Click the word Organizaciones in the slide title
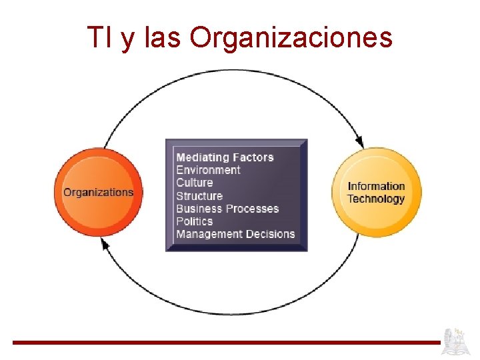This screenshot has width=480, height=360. click(291, 38)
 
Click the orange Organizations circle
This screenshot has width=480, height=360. click(99, 192)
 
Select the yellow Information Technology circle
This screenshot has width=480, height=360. click(377, 192)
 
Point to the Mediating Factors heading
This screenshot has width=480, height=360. click(225, 157)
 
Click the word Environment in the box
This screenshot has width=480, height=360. click(208, 170)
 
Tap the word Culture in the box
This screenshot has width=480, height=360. click(194, 183)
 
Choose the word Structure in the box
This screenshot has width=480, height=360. click(199, 196)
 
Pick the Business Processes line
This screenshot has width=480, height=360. click(227, 209)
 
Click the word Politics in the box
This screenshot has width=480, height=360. click(194, 221)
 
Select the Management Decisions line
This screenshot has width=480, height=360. click(235, 234)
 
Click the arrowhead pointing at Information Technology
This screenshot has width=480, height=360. click(359, 142)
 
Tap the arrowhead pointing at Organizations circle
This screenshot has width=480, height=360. click(105, 245)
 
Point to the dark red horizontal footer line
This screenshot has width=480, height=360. click(227, 343)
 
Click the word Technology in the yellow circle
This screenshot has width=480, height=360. click(376, 199)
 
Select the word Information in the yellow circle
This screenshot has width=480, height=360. click(377, 186)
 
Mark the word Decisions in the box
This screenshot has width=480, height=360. click(270, 234)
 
